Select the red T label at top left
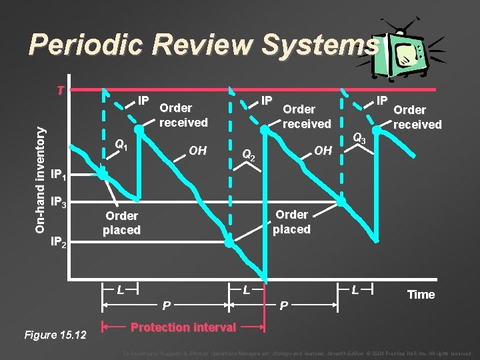tap(60, 91)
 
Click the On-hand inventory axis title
tap(41, 172)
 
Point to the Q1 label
tap(121, 144)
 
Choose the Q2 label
tap(248, 155)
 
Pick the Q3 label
tap(359, 139)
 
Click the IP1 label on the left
tap(59, 176)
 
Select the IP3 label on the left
tap(59, 203)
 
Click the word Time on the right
tap(420, 295)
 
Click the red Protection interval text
tap(183, 327)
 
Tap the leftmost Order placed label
tap(121, 223)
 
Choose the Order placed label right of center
tap(291, 221)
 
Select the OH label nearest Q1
tap(197, 151)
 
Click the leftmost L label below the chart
tap(119, 290)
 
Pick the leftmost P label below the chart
tap(167, 305)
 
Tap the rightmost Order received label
tap(417, 117)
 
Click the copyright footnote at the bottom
tap(297, 353)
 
